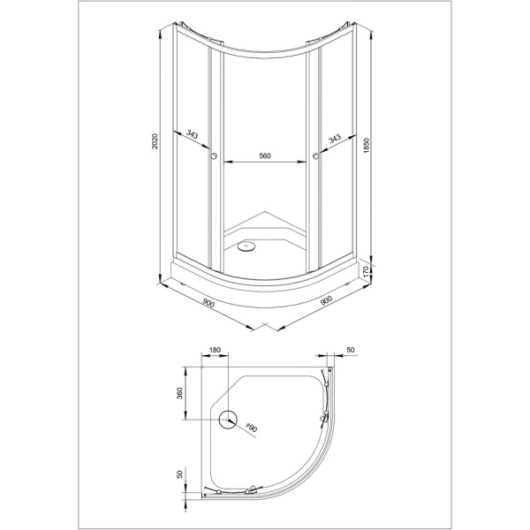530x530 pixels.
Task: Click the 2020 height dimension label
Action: (155, 141)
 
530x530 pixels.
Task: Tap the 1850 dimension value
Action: (367, 146)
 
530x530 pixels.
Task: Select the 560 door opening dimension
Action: (265, 155)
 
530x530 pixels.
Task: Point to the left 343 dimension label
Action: (192, 135)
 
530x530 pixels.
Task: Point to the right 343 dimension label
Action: (335, 139)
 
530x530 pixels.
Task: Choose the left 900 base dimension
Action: (208, 303)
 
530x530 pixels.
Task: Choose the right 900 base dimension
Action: (326, 300)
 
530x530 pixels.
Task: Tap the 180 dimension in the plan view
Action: (215, 350)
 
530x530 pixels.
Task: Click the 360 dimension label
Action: (179, 393)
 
